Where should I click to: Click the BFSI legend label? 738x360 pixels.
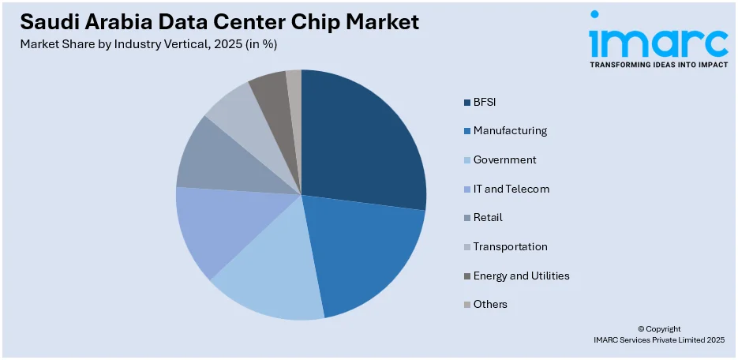click(x=485, y=102)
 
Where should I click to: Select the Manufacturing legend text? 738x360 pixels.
click(x=510, y=131)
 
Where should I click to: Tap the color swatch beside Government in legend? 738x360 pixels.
click(x=466, y=160)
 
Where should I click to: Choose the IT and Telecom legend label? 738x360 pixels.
click(x=511, y=189)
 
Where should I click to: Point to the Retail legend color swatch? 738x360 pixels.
click(x=466, y=218)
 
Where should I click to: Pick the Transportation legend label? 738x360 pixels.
click(x=510, y=247)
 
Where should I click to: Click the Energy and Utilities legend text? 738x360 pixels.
click(x=521, y=276)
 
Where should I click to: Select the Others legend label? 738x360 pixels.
click(x=490, y=305)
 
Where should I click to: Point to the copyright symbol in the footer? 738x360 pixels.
click(x=641, y=329)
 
